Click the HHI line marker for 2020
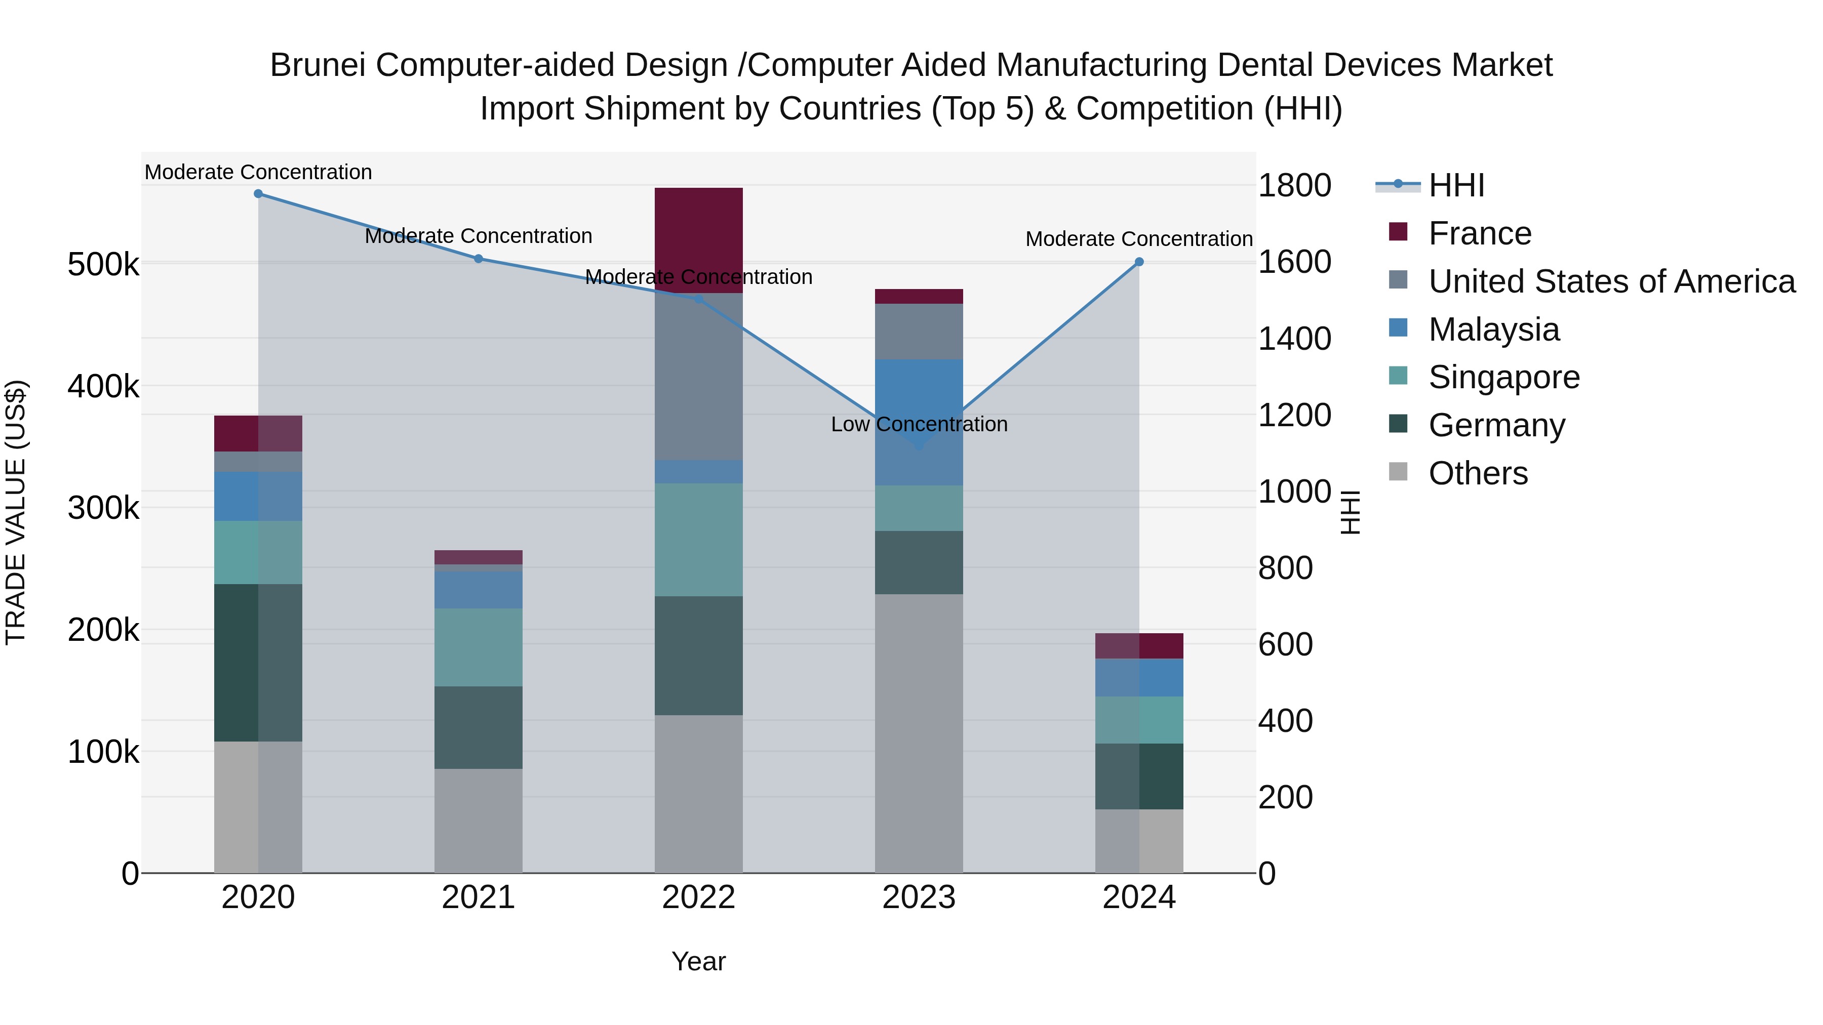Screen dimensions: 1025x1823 click(x=258, y=194)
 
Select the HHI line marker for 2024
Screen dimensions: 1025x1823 click(x=1139, y=262)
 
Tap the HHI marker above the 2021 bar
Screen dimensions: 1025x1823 click(x=479, y=259)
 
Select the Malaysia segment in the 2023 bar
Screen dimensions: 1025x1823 click(x=919, y=396)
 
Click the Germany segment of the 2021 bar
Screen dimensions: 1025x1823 click(x=479, y=727)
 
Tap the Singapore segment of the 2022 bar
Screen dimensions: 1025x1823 click(x=698, y=540)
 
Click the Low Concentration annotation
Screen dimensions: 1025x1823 click(x=919, y=425)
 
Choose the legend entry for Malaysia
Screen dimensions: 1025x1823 click(x=1493, y=330)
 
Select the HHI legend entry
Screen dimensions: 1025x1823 click(x=1456, y=185)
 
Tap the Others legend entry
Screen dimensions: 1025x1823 click(x=1478, y=473)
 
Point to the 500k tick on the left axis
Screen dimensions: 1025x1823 click(x=103, y=265)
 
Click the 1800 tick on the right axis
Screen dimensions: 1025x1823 click(x=1294, y=185)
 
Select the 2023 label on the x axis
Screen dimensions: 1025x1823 click(x=919, y=897)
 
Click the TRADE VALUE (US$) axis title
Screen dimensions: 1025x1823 click(x=16, y=512)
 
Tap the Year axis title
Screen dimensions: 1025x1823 click(x=698, y=961)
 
